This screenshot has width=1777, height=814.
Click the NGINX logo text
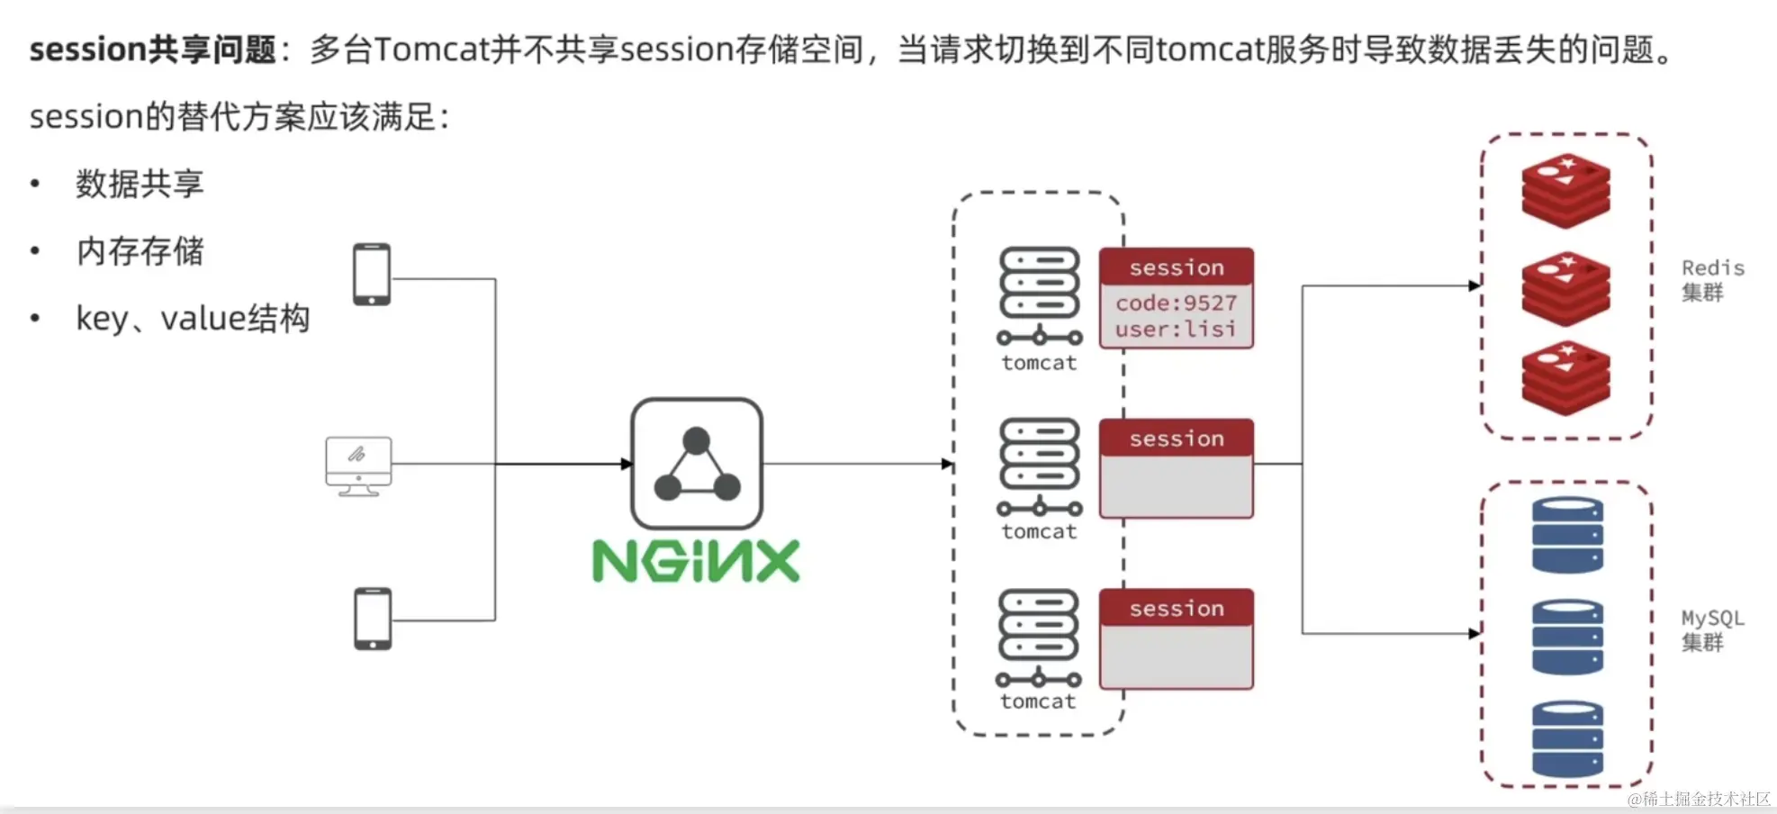(x=696, y=561)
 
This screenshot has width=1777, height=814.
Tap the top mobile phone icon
(x=372, y=275)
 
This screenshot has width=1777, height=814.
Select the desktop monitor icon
(x=358, y=466)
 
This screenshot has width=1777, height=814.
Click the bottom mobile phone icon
(x=373, y=619)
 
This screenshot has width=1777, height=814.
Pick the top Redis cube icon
(x=1565, y=191)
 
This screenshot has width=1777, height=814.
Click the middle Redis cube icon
(x=1565, y=289)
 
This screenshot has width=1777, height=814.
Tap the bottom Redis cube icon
(x=1565, y=378)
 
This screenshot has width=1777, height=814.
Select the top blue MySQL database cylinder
(x=1567, y=536)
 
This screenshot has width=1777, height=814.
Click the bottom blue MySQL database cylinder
(x=1567, y=738)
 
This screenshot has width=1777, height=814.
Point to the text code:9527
(x=1176, y=303)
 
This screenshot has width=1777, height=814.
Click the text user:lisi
(x=1176, y=330)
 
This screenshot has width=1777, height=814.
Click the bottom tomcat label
(x=1038, y=701)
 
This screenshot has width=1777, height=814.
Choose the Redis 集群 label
(x=1712, y=280)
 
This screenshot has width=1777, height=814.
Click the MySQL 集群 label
(x=1712, y=630)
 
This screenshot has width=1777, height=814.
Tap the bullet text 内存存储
(x=140, y=251)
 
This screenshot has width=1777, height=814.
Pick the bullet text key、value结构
(x=193, y=319)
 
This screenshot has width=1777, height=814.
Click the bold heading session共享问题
(x=152, y=50)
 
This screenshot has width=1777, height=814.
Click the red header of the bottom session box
(x=1176, y=609)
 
